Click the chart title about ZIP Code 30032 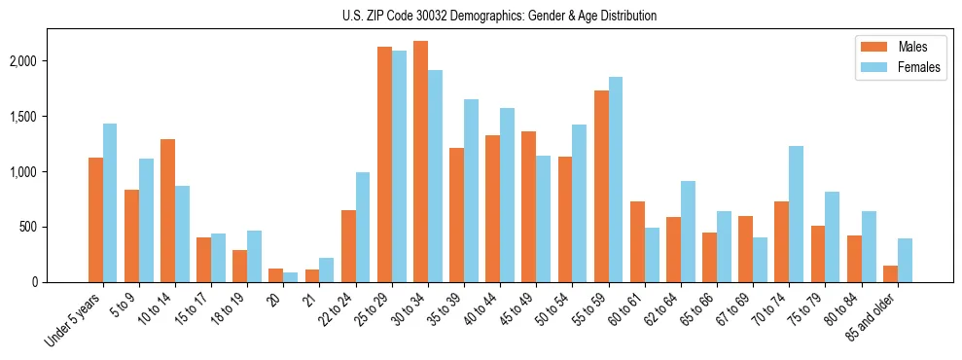pyautogui.click(x=499, y=16)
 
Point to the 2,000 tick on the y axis pyautogui.click(x=22, y=61)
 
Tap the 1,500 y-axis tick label pyautogui.click(x=22, y=117)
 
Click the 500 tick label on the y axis pyautogui.click(x=28, y=228)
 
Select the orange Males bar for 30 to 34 pyautogui.click(x=420, y=162)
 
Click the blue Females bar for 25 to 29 pyautogui.click(x=399, y=166)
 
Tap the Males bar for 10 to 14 pyautogui.click(x=167, y=210)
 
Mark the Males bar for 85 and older pyautogui.click(x=890, y=273)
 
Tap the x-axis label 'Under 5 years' pyautogui.click(x=74, y=320)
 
